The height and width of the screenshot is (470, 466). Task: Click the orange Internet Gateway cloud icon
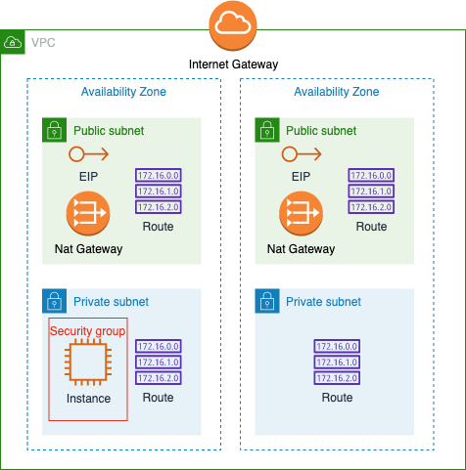pos(233,25)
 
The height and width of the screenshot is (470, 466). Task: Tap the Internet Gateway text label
pos(233,64)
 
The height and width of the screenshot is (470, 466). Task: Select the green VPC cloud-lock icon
pos(13,42)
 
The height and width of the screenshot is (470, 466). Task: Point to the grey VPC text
pos(43,43)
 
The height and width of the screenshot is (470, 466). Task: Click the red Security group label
pos(87,331)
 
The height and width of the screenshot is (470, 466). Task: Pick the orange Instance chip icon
pos(88,362)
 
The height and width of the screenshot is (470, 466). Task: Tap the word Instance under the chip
pos(88,399)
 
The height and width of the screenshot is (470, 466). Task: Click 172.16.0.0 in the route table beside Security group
pos(159,346)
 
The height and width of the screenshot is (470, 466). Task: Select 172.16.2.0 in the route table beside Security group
pos(159,378)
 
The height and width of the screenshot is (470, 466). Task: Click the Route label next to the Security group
pos(158,398)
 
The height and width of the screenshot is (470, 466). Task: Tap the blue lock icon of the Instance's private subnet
pos(54,301)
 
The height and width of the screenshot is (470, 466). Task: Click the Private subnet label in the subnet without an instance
pos(323,302)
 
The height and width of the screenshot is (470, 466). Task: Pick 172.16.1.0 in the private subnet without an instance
pos(337,363)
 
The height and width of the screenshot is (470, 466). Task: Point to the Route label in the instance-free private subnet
pos(337,398)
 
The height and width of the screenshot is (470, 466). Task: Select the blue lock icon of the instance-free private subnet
pos(267,301)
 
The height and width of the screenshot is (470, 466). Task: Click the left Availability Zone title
pos(123,92)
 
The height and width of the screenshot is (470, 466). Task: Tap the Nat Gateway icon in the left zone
pos(88,213)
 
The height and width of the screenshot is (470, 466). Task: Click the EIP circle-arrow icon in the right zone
pos(302,154)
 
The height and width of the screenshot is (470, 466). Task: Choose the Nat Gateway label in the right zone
pos(301,249)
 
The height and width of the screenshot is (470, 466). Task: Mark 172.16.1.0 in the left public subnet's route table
pos(159,192)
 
